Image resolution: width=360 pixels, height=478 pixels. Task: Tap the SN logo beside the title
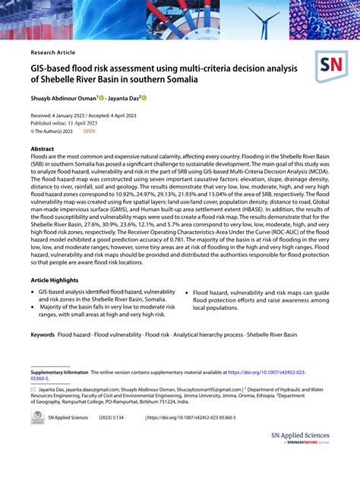[x=331, y=68]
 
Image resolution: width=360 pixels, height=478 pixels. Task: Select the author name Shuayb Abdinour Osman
[x=63, y=98]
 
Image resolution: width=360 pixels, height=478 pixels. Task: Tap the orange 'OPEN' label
[x=90, y=131]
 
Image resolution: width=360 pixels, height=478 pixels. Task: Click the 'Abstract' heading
[x=42, y=149]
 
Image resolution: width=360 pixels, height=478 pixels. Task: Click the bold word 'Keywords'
[x=43, y=334]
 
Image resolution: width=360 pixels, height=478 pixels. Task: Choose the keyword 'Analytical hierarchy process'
[x=207, y=334]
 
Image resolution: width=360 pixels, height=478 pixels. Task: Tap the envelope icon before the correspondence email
[x=33, y=388]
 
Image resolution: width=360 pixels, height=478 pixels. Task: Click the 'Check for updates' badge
[x=36, y=419]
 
